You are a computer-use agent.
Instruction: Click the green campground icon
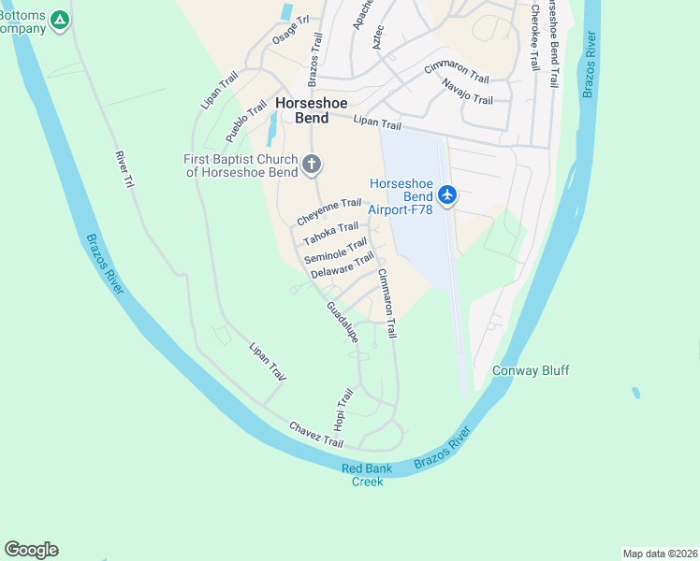coord(60,19)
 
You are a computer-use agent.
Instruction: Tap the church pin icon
coord(313,165)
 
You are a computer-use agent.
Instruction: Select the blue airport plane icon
coord(447,194)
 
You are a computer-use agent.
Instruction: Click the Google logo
coord(31,549)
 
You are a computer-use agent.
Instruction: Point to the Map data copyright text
coord(660,553)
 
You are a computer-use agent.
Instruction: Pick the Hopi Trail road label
coord(343,410)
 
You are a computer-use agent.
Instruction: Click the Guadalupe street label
coord(343,322)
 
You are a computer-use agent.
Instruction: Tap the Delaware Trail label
coord(343,266)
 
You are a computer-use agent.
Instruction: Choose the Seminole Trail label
coord(335,251)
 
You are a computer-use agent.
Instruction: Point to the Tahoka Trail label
coord(330,229)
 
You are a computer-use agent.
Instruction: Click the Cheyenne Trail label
coord(328,210)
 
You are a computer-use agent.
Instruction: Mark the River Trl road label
coord(124,171)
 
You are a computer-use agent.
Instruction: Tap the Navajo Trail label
coord(467,92)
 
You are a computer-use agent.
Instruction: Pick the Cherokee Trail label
coord(534,37)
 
